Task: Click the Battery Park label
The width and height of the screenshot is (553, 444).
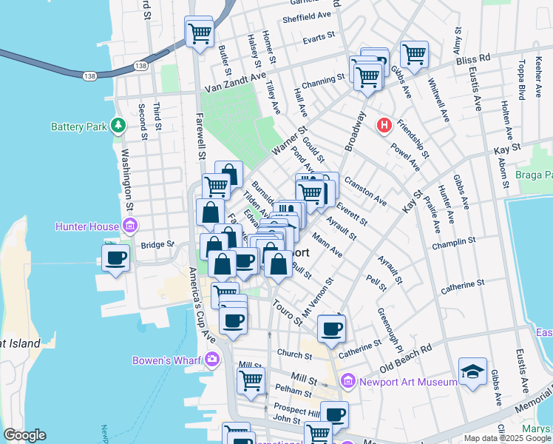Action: pyautogui.click(x=76, y=127)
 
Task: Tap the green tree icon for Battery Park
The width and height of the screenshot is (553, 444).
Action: pyautogui.click(x=117, y=126)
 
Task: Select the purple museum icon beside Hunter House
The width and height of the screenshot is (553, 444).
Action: pyautogui.click(x=130, y=225)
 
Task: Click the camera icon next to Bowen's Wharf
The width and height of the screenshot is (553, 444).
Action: pyautogui.click(x=213, y=360)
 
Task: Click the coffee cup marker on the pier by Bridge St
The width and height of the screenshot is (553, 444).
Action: pyautogui.click(x=116, y=258)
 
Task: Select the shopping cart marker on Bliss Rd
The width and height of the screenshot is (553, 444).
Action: pyautogui.click(x=414, y=53)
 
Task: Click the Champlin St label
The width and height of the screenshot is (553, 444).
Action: pyautogui.click(x=455, y=242)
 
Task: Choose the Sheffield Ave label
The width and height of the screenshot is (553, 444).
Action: pyautogui.click(x=306, y=15)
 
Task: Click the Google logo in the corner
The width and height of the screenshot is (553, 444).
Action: pyautogui.click(x=24, y=435)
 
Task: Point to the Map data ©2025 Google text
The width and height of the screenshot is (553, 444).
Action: pyautogui.click(x=507, y=438)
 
